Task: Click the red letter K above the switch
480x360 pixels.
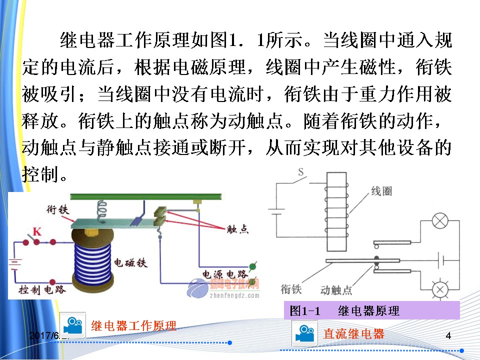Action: [36, 231]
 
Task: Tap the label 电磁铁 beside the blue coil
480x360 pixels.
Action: [130, 262]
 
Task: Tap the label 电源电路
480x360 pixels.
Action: [224, 274]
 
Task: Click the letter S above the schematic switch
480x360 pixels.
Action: [301, 172]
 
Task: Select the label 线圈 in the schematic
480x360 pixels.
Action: [381, 192]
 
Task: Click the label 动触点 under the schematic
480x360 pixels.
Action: [336, 290]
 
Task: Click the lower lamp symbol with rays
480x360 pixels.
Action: [440, 289]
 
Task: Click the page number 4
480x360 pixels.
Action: [448, 336]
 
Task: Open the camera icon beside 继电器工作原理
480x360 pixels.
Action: [73, 324]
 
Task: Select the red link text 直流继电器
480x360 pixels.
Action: [354, 333]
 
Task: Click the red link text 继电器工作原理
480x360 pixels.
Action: [133, 326]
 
